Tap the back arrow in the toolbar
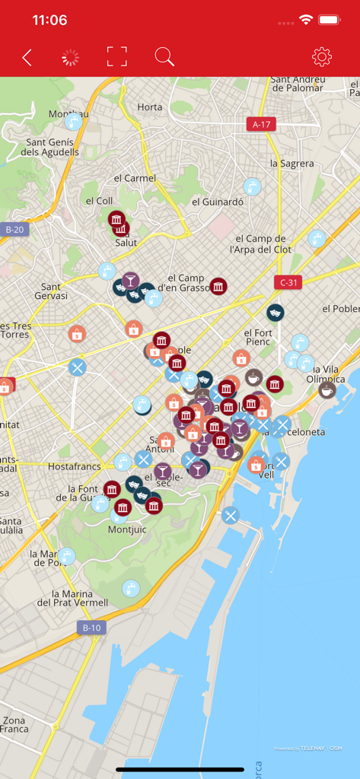(x=27, y=57)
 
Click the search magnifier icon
(x=164, y=56)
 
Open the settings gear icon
(x=322, y=56)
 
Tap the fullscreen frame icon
(x=116, y=56)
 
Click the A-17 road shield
(x=261, y=124)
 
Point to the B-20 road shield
(x=14, y=229)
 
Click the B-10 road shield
(x=91, y=628)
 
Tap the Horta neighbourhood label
(x=150, y=107)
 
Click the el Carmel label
(x=135, y=178)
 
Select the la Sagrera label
(x=292, y=163)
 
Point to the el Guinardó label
(x=218, y=202)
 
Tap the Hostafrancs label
(x=75, y=466)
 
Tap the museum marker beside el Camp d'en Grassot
(x=218, y=286)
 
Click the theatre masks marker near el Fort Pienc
(x=275, y=312)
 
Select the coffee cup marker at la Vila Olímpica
(x=327, y=389)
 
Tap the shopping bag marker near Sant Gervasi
(x=77, y=333)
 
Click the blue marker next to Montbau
(x=74, y=121)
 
